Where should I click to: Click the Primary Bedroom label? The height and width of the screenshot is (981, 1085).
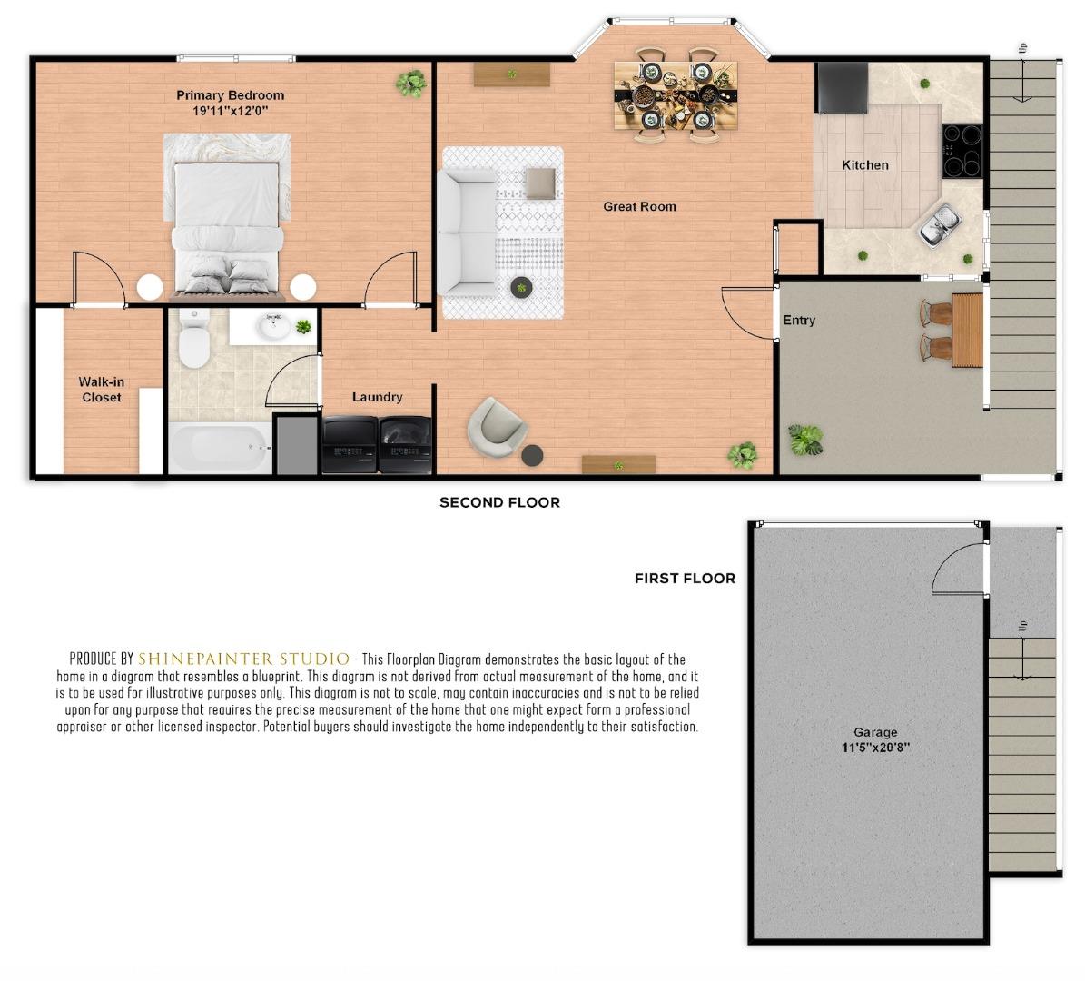tap(230, 95)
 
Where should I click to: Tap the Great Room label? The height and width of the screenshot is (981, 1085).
tap(639, 207)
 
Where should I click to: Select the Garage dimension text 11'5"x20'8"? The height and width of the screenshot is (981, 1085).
tap(875, 748)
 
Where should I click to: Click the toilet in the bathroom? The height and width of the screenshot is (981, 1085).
tap(193, 340)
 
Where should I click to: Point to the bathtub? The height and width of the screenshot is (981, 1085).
tap(220, 447)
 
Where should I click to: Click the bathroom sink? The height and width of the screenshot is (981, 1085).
tap(271, 325)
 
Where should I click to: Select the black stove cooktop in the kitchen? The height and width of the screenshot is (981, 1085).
tap(962, 151)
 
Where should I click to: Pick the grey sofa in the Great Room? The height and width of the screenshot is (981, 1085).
tap(467, 233)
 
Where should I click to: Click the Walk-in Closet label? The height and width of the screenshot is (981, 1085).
tap(101, 390)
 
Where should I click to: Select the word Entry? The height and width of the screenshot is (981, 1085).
tap(799, 321)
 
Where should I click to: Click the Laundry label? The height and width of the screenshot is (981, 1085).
tap(377, 398)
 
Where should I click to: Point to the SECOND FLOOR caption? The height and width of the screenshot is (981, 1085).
tap(499, 502)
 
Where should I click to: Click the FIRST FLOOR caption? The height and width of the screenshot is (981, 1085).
tap(685, 578)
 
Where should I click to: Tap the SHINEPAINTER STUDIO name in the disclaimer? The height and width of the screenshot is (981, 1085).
tap(243, 659)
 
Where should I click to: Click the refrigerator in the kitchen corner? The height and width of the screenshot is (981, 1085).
tap(842, 88)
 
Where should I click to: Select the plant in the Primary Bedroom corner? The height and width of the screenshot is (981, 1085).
tap(410, 84)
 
